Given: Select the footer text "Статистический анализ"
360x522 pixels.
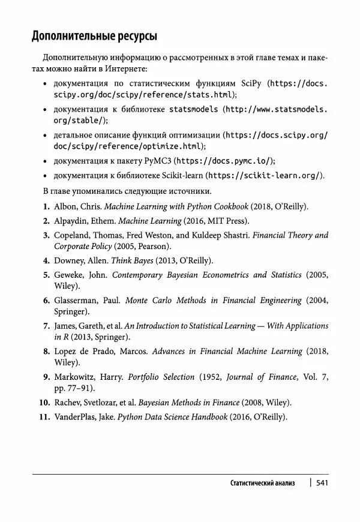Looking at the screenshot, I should tap(262, 483).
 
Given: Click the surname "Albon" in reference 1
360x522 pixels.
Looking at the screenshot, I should tap(65, 206).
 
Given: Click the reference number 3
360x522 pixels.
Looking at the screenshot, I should tap(46, 235).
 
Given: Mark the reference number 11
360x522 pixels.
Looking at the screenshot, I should tap(43, 417).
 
